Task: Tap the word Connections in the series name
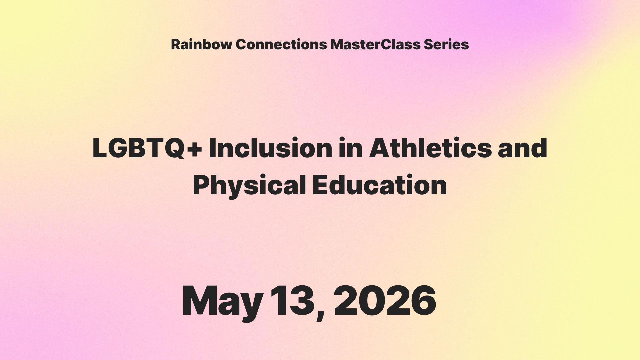(x=281, y=44)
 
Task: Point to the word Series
(x=446, y=44)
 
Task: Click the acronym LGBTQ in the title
(x=137, y=148)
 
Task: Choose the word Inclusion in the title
(x=271, y=148)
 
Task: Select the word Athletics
(x=430, y=148)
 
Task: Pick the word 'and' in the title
(x=523, y=148)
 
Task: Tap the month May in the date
(x=222, y=302)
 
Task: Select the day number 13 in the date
(x=291, y=301)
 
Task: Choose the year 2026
(x=385, y=301)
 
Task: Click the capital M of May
(x=199, y=301)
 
